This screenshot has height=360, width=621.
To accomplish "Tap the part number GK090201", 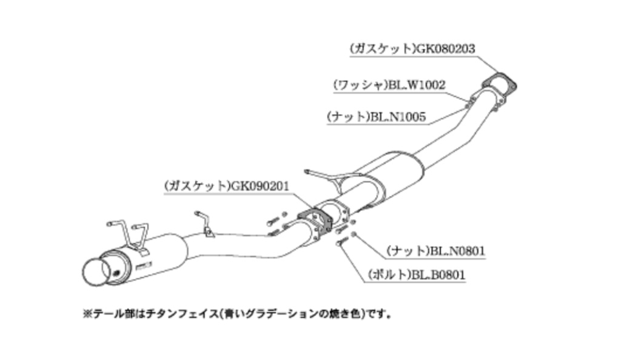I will click(x=259, y=187).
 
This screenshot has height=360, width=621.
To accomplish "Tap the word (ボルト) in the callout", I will click(x=388, y=275).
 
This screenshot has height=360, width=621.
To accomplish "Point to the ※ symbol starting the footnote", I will click(x=86, y=314).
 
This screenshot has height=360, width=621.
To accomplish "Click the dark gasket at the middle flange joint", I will click(x=314, y=219).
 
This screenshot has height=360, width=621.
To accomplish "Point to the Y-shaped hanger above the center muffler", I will click(x=331, y=177).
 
